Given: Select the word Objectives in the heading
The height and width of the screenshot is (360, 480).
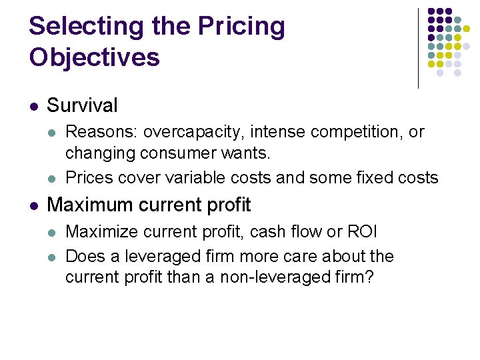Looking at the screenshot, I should (x=94, y=57).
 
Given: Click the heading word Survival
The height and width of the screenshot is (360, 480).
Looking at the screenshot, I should (x=82, y=105).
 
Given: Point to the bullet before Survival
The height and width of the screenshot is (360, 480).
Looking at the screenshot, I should (x=34, y=106).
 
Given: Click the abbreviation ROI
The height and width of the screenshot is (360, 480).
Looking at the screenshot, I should (x=361, y=232).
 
